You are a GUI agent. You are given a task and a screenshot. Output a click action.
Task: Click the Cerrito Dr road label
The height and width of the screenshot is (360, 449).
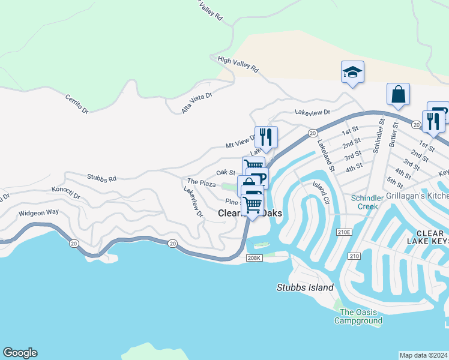[77, 103]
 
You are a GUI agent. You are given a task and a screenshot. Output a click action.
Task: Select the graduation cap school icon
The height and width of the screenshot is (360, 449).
[352, 73]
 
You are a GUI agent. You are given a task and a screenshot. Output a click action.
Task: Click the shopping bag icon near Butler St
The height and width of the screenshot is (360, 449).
[398, 94]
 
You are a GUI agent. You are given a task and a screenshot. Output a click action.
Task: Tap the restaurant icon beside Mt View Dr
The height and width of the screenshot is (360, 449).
[266, 136]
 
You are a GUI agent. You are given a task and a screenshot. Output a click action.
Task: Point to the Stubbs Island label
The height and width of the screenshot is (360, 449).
[305, 287]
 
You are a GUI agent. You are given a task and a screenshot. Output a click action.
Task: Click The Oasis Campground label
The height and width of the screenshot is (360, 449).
[361, 316]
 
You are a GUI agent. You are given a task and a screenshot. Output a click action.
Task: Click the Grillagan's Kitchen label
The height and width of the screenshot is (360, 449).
[417, 196]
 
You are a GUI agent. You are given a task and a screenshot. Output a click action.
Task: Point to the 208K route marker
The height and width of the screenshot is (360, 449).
[255, 259]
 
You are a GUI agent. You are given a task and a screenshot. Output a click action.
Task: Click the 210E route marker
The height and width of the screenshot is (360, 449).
[343, 232]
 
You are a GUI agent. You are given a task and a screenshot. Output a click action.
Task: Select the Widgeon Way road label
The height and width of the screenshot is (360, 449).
[39, 212]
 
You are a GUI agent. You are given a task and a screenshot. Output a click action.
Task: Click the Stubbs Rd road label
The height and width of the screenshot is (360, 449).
[101, 178]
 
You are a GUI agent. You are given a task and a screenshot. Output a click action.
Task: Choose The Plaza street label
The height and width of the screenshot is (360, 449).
[201, 182]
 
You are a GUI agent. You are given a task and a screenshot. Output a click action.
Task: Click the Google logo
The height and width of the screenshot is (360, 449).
[20, 353]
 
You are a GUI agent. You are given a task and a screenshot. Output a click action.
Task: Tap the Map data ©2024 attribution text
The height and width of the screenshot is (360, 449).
[423, 355]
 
